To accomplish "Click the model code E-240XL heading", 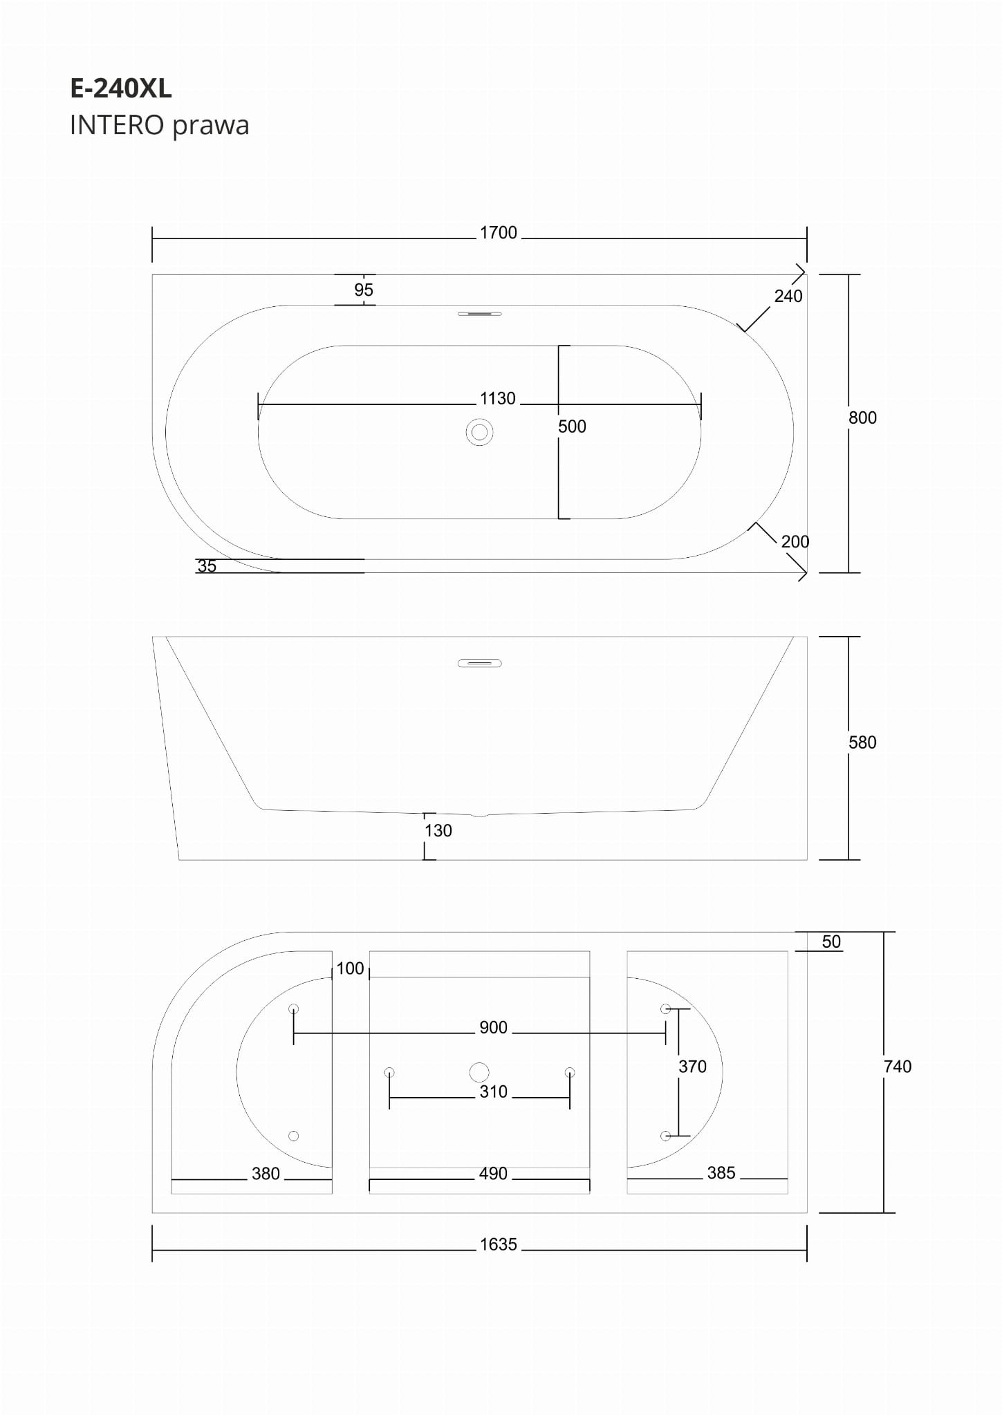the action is pos(121,88).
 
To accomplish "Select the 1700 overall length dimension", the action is pos(499,233).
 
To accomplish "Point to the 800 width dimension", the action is pos(862,418).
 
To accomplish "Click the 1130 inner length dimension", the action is pos(498,399).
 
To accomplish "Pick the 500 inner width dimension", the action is pos(572,427).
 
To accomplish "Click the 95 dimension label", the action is pos(364,290).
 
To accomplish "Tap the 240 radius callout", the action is pos(788,297).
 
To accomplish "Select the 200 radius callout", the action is pos(795,542).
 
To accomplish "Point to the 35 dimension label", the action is pos(207,566).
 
